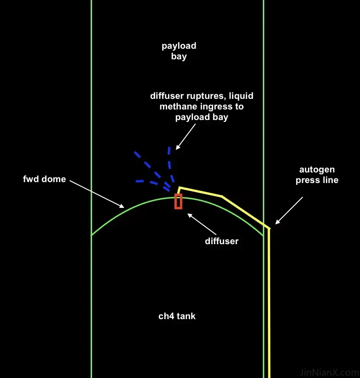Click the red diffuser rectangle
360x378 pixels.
point(178,201)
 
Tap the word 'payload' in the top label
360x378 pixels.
point(179,46)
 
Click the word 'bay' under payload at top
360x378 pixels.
point(179,57)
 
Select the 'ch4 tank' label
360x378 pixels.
point(177,316)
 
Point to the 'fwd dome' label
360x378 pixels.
point(44,179)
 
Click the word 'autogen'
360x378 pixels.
point(317,170)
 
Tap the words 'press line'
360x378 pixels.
point(317,180)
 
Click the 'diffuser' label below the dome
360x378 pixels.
point(221,241)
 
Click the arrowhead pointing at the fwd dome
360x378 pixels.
point(122,206)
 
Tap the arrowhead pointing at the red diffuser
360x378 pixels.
point(190,215)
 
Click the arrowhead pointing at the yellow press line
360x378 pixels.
point(277,222)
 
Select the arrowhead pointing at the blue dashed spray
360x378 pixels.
point(178,147)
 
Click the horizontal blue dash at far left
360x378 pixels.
point(139,181)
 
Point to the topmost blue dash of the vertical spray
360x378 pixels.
point(169,150)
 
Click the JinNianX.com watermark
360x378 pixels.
point(330,372)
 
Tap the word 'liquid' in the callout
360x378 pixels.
point(241,96)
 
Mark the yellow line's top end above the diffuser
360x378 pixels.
point(179,187)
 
